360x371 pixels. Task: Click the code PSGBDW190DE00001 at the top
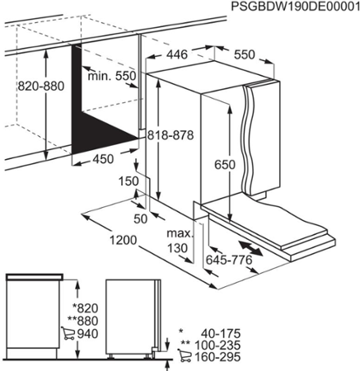(x=296, y=7)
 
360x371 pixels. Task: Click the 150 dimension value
(x=129, y=181)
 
